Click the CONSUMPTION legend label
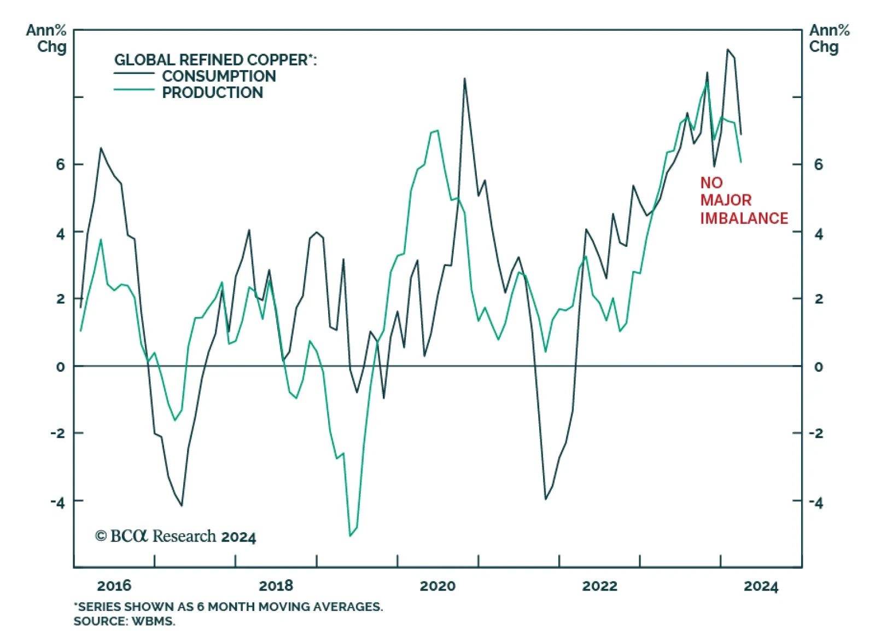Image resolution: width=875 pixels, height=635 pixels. [219, 76]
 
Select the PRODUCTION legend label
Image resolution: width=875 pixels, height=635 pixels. [212, 93]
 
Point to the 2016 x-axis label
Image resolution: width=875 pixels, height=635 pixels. [114, 586]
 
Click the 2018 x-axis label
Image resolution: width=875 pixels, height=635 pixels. [276, 586]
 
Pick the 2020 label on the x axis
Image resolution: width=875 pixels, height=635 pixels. [437, 586]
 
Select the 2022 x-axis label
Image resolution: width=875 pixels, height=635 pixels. [599, 586]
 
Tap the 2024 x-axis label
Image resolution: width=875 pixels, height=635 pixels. [761, 586]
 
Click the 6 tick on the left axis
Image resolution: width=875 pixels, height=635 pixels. [60, 164]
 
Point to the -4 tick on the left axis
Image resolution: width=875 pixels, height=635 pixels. [57, 501]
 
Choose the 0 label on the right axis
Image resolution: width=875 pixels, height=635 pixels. [818, 367]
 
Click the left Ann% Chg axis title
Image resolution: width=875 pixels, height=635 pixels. [46, 38]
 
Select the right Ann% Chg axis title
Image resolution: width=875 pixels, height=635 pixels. [829, 38]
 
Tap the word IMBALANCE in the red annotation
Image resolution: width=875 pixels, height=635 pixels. [744, 218]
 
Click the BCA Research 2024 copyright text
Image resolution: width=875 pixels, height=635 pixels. [176, 536]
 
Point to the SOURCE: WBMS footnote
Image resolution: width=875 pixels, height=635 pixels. [124, 621]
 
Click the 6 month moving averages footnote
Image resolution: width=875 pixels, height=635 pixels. [228, 607]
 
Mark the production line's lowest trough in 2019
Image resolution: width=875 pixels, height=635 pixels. [350, 535]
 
